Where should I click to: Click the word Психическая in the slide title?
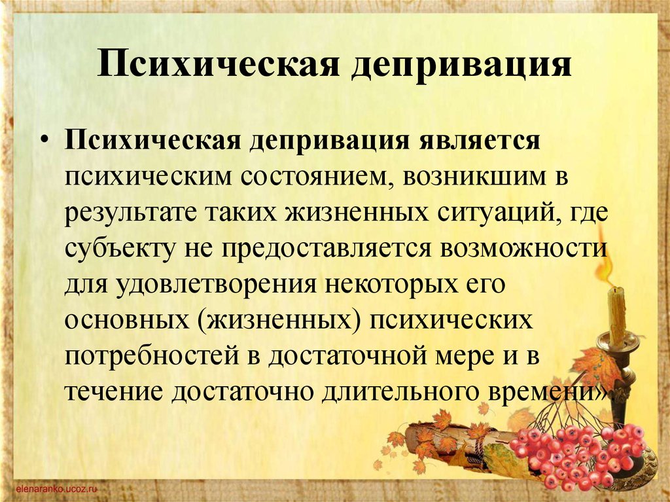coord(218,64)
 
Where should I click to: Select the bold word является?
coord(479,141)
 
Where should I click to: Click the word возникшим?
coord(474,176)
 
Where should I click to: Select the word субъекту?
coord(120,249)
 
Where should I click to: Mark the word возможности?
coord(523,249)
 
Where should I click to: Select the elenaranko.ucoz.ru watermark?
coord(57,488)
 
